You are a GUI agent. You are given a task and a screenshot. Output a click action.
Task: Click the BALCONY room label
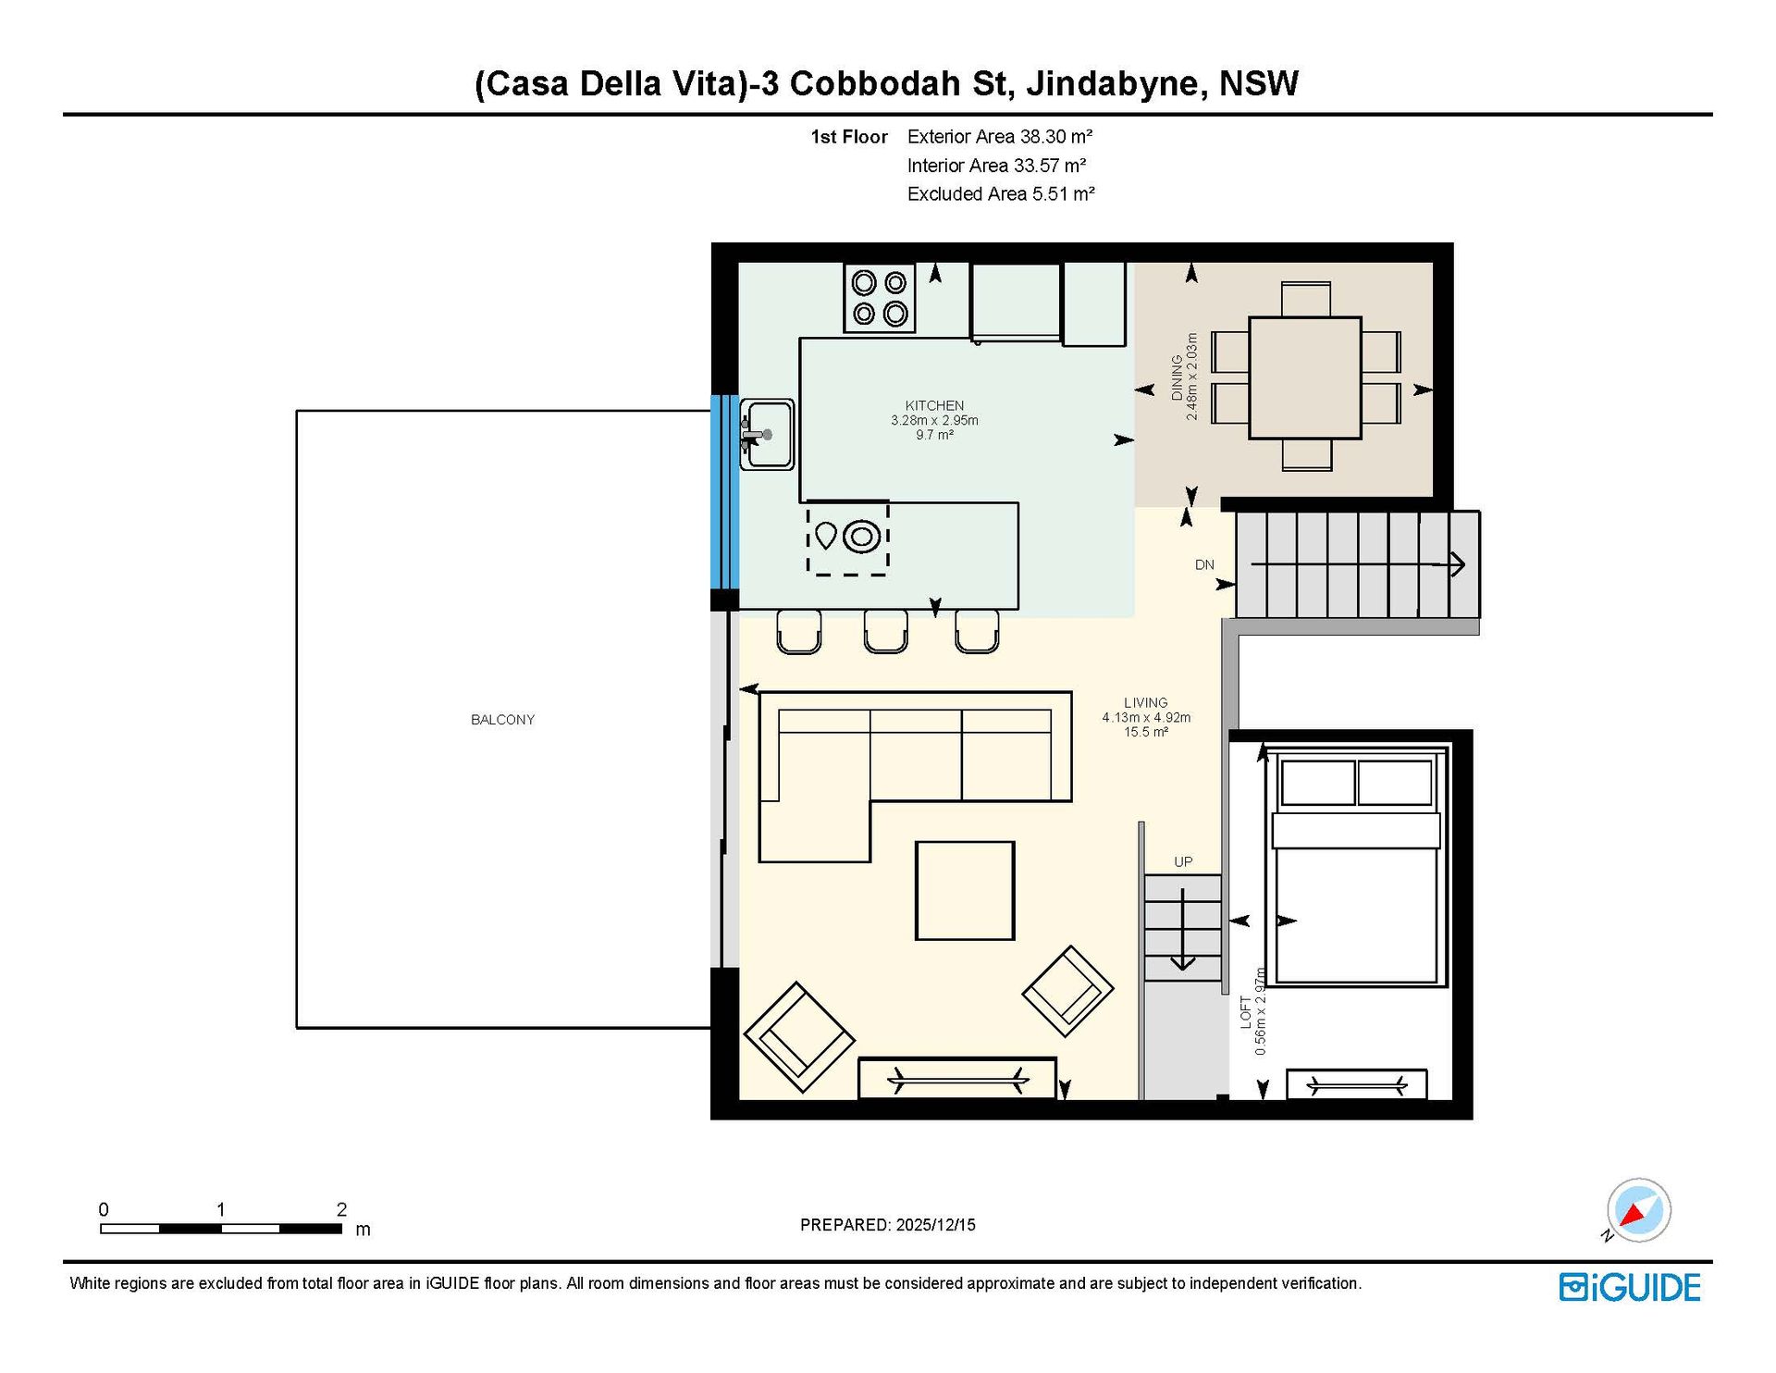coord(502,720)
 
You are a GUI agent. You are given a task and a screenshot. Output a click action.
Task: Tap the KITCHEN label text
coord(934,405)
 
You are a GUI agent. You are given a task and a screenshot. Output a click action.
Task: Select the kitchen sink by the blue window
coord(767,435)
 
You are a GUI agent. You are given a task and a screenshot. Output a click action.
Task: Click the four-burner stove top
coord(880,298)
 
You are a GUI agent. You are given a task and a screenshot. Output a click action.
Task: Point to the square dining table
coord(1305,377)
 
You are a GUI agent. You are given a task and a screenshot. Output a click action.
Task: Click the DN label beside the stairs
coord(1204,564)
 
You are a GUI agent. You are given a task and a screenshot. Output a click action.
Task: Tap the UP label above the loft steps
coord(1183,861)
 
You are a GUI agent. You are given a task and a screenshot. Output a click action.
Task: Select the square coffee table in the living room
coord(965,890)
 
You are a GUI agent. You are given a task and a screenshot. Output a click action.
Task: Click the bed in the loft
coord(1356,868)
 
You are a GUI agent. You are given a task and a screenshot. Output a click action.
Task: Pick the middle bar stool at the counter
coord(885,631)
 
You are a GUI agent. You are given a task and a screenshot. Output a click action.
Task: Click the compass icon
coord(1638,1210)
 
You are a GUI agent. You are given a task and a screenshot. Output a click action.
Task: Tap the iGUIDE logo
coord(1630,1288)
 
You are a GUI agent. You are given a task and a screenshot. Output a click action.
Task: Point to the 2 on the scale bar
coord(341,1209)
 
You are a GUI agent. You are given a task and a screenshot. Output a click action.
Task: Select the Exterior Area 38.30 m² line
coord(1000,137)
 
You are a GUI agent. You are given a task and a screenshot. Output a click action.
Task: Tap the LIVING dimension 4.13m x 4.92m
coord(1146,717)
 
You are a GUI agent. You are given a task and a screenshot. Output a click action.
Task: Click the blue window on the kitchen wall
coord(724,492)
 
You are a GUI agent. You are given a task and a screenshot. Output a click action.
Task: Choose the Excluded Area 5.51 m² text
coord(1001,194)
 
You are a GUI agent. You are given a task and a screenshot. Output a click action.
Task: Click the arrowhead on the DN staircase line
coord(1458,563)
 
